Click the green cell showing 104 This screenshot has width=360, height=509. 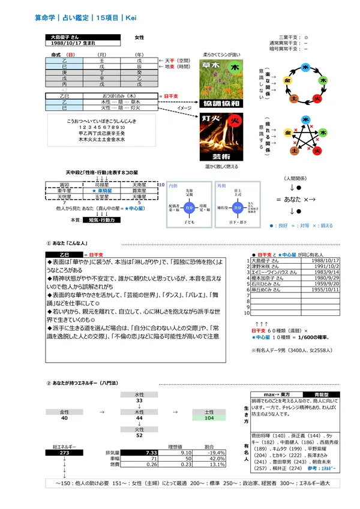(x=209, y=418)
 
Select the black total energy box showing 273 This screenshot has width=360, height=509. (x=62, y=453)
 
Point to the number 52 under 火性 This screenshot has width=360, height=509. (x=139, y=436)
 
